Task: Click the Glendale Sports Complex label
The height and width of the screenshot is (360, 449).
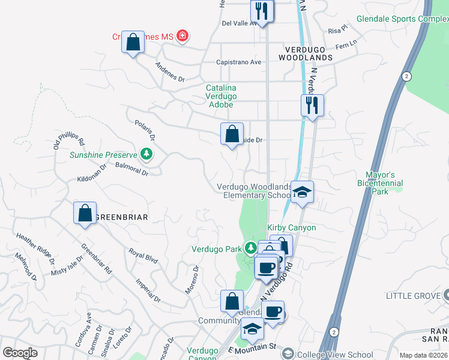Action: click(x=401, y=19)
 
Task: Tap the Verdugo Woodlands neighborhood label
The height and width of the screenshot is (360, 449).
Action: click(x=306, y=52)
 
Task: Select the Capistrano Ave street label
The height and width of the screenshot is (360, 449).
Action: click(x=239, y=62)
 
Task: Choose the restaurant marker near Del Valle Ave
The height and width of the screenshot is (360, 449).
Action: click(x=262, y=11)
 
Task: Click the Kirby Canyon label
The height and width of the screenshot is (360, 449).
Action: click(x=291, y=228)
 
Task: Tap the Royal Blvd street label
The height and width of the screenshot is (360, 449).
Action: click(x=143, y=257)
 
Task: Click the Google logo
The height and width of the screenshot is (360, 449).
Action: click(x=20, y=353)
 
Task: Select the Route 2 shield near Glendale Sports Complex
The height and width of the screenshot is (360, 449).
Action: click(x=408, y=76)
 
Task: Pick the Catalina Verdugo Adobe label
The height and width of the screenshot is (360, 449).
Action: click(x=221, y=96)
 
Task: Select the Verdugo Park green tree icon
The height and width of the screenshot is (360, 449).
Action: click(x=251, y=248)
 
